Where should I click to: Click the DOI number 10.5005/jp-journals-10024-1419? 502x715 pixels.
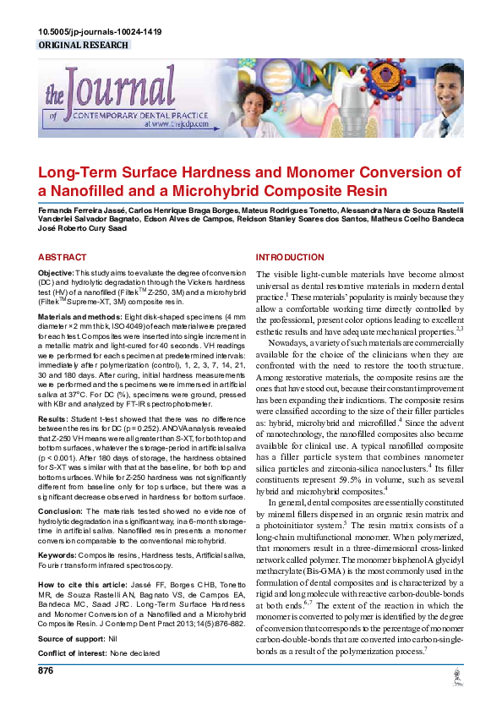(x=100, y=32)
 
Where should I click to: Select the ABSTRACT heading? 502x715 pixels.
(x=63, y=257)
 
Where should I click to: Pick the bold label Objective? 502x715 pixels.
(x=57, y=275)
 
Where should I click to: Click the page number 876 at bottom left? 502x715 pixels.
(x=47, y=670)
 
